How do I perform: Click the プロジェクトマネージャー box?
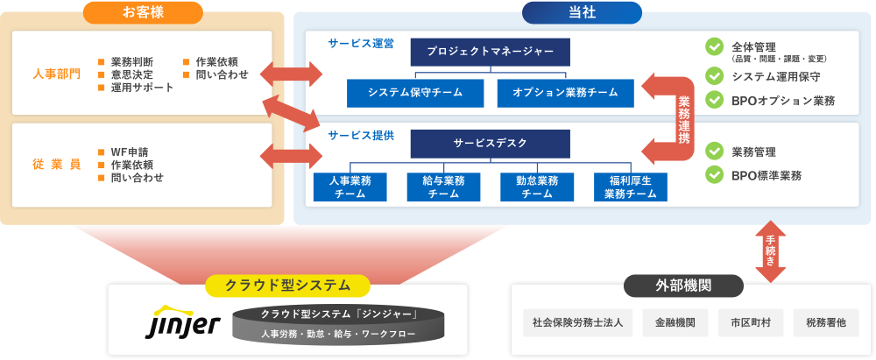[490, 52]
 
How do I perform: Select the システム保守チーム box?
[414, 92]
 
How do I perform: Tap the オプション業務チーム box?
[565, 92]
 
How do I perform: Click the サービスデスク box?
[490, 143]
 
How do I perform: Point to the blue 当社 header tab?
[582, 12]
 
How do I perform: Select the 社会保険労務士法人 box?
[577, 322]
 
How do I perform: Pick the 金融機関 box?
[675, 322]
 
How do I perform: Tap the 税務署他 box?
[825, 322]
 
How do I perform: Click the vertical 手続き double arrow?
[770, 251]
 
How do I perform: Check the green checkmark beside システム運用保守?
[714, 76]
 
